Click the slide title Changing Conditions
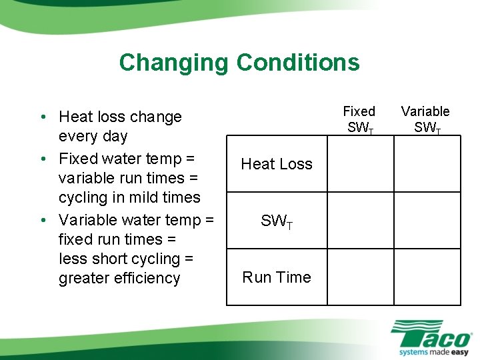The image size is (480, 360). click(x=239, y=63)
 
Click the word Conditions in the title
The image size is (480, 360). click(x=297, y=63)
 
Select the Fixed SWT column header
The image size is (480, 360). click(x=359, y=119)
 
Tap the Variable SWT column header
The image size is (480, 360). click(x=425, y=119)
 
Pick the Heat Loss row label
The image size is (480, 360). click(x=277, y=164)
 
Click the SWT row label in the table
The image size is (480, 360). click(x=277, y=221)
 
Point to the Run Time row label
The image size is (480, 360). click(x=277, y=277)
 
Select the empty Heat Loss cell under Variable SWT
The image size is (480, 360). click(x=426, y=164)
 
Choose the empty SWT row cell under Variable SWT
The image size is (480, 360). click(x=426, y=221)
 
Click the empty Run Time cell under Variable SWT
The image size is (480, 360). click(x=426, y=277)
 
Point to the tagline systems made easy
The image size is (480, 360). click(x=433, y=351)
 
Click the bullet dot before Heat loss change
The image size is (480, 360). click(x=42, y=117)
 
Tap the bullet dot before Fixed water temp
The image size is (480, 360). click(x=42, y=159)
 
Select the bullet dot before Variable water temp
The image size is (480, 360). click(x=42, y=221)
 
